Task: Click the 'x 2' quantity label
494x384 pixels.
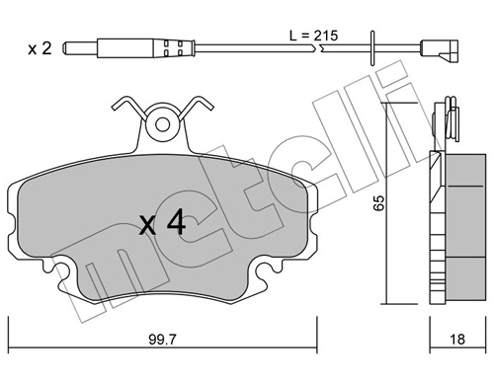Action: point(40,45)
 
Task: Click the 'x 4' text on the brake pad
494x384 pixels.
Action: point(163,224)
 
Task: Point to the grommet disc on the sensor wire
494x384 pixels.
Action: point(373,45)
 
